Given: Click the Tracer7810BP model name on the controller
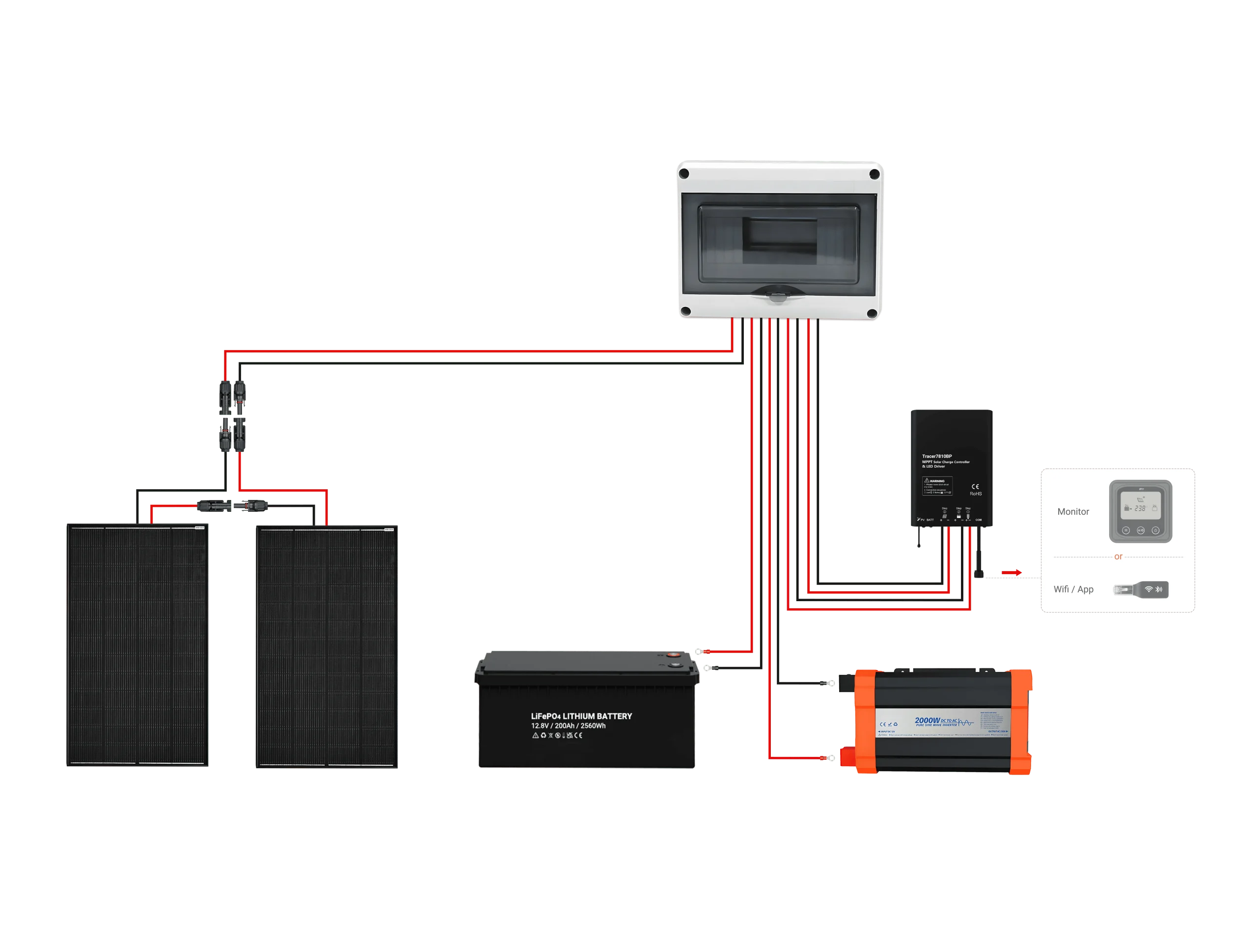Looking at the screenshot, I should pyautogui.click(x=936, y=456).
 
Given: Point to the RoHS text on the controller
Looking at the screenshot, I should pyautogui.click(x=976, y=494).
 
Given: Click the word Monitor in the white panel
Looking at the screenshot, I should pyautogui.click(x=1073, y=512).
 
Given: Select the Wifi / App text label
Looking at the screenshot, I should pyautogui.click(x=1073, y=589).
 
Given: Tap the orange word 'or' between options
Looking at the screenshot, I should pyautogui.click(x=1118, y=557).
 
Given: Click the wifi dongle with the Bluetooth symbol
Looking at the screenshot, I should pyautogui.click(x=1141, y=589).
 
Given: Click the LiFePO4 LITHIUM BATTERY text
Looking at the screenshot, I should pyautogui.click(x=581, y=716).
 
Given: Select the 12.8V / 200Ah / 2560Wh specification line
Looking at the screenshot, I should pyautogui.click(x=568, y=726).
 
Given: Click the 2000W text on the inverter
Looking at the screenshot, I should pyautogui.click(x=927, y=721).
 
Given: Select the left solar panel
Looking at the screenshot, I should pyautogui.click(x=137, y=646).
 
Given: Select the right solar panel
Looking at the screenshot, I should pyautogui.click(x=328, y=646).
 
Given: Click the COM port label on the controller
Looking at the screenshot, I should pyautogui.click(x=979, y=520).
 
